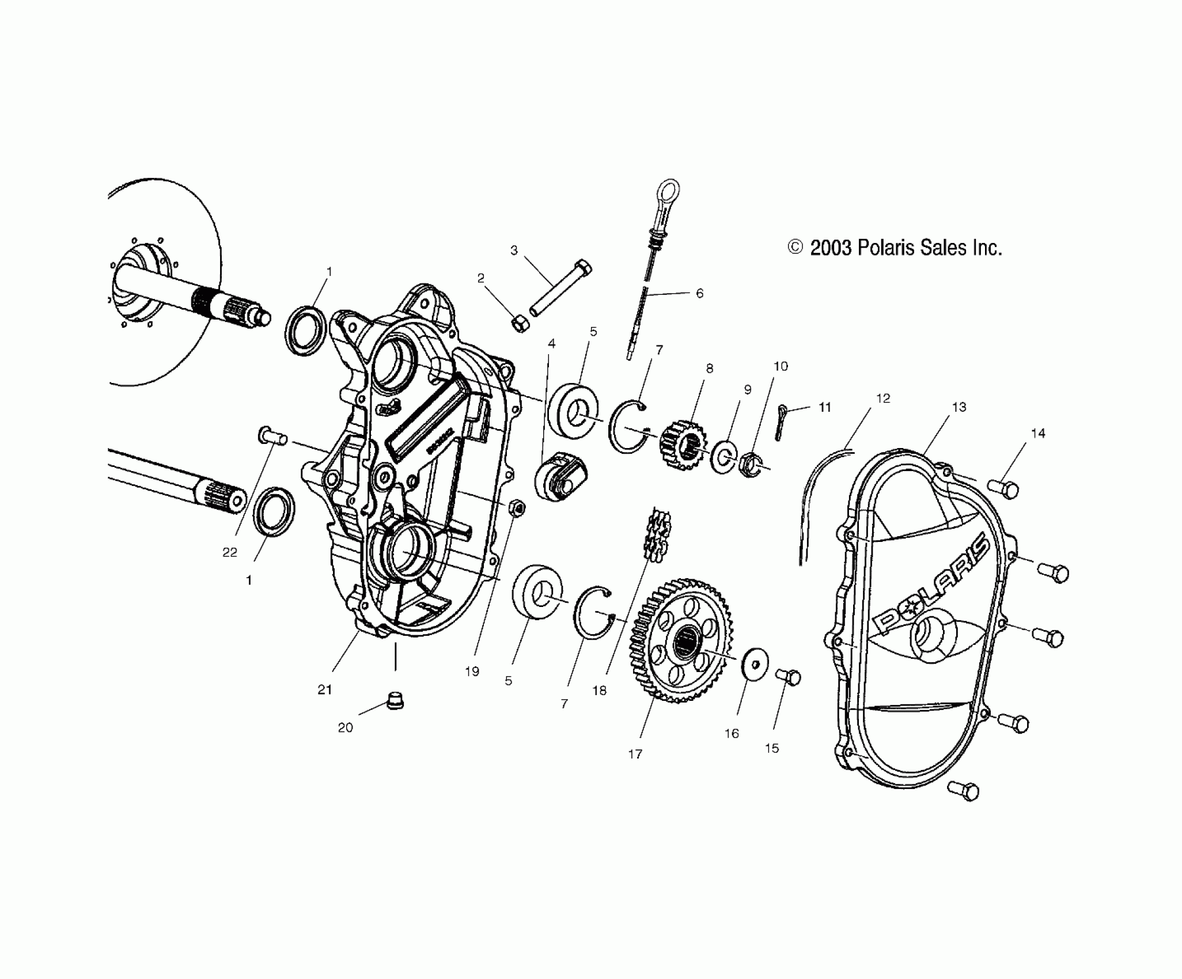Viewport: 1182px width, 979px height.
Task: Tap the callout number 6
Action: (699, 293)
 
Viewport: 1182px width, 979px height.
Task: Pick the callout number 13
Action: (959, 407)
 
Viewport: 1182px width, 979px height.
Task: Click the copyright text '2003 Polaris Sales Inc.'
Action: (895, 248)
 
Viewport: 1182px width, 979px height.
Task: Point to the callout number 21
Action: (325, 689)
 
